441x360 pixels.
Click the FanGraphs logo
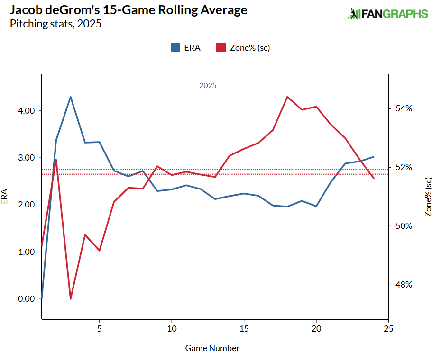click(x=387, y=14)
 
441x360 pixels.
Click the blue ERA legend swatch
click(x=175, y=47)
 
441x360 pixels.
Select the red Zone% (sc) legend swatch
click(x=220, y=47)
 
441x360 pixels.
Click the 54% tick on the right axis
click(x=401, y=108)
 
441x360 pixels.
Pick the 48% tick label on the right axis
click(x=401, y=285)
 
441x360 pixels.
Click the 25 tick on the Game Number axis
click(x=388, y=328)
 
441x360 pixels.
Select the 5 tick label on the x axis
click(x=100, y=328)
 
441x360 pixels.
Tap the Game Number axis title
click(x=212, y=348)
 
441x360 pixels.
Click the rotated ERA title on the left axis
click(x=5, y=197)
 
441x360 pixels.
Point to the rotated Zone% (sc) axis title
click(x=429, y=197)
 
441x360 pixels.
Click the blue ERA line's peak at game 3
click(x=71, y=97)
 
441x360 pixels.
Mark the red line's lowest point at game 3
click(x=71, y=299)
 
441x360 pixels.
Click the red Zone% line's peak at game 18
click(x=287, y=97)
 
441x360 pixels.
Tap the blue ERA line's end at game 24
click(x=374, y=157)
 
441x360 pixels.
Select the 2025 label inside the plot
click(x=208, y=86)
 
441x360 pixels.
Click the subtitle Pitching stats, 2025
click(x=55, y=24)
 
